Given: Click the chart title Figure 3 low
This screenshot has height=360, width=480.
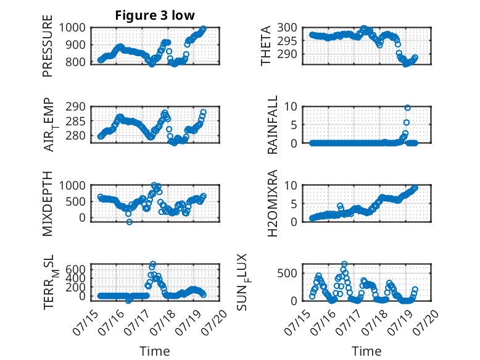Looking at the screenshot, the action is coord(155,15).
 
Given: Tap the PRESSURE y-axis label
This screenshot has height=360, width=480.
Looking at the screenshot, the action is coord(48,46).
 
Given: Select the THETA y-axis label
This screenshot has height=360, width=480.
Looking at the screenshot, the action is coord(266,46).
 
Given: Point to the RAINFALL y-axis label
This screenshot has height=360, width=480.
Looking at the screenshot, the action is coord(273,125).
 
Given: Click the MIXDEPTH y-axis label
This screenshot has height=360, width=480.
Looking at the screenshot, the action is coord(48,204).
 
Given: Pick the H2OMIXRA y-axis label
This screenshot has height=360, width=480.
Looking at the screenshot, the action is coord(273,203).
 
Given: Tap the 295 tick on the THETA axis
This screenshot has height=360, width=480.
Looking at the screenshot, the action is coord(287,41).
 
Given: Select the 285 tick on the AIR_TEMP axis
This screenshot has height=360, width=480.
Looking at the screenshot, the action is coord(76,121).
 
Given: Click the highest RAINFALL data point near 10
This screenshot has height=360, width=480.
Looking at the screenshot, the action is coord(407,108).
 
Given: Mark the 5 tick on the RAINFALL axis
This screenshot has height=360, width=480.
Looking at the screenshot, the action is coord(294,125).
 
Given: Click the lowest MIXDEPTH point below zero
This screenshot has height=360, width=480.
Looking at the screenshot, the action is coord(130,222).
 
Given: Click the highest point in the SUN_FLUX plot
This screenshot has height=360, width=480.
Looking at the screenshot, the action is coord(344,264).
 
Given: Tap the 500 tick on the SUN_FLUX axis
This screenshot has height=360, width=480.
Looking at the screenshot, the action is coord(287,273).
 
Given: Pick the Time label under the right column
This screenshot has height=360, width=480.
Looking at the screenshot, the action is coord(366,351).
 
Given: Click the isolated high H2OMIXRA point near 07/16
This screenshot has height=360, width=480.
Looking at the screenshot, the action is coord(340,206).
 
